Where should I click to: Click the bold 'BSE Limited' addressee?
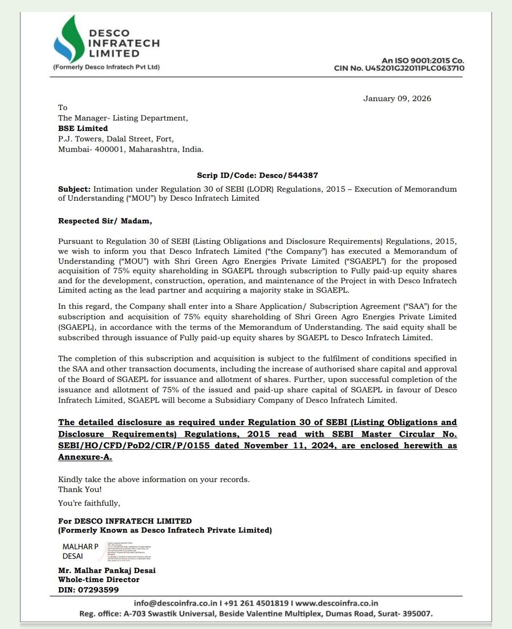pyautogui.click(x=83, y=128)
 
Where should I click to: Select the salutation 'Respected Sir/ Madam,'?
pyautogui.click(x=105, y=221)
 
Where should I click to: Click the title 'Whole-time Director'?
pyautogui.click(x=99, y=580)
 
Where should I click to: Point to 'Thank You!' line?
pyautogui.click(x=80, y=489)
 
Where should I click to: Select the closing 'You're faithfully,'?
pyautogui.click(x=89, y=503)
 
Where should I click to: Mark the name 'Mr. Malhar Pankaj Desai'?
pyautogui.click(x=107, y=570)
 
